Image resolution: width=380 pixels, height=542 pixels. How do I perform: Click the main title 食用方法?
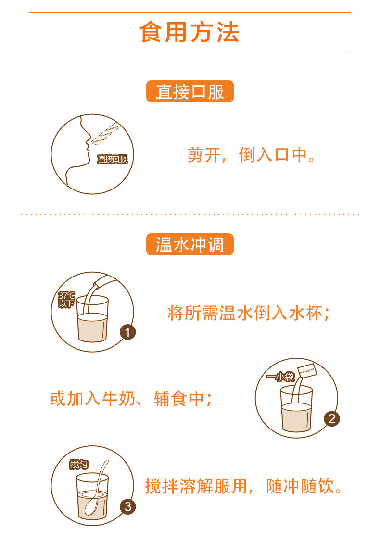tap(190, 32)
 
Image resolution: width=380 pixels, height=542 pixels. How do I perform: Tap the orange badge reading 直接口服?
tap(190, 91)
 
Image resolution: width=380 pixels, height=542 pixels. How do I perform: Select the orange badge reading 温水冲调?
tap(190, 245)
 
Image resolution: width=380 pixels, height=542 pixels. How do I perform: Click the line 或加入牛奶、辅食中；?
tap(131, 399)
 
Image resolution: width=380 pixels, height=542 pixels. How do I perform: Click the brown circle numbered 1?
tap(127, 332)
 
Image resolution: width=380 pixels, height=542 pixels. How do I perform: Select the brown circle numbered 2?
tap(332, 418)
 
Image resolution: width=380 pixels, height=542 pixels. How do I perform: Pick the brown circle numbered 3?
tap(127, 506)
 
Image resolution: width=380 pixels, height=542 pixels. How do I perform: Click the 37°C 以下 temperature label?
tap(66, 300)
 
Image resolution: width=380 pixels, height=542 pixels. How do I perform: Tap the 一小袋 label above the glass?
tap(280, 377)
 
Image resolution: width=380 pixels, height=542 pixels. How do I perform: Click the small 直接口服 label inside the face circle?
tap(112, 159)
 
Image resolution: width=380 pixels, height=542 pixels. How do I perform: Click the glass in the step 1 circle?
tap(92, 320)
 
